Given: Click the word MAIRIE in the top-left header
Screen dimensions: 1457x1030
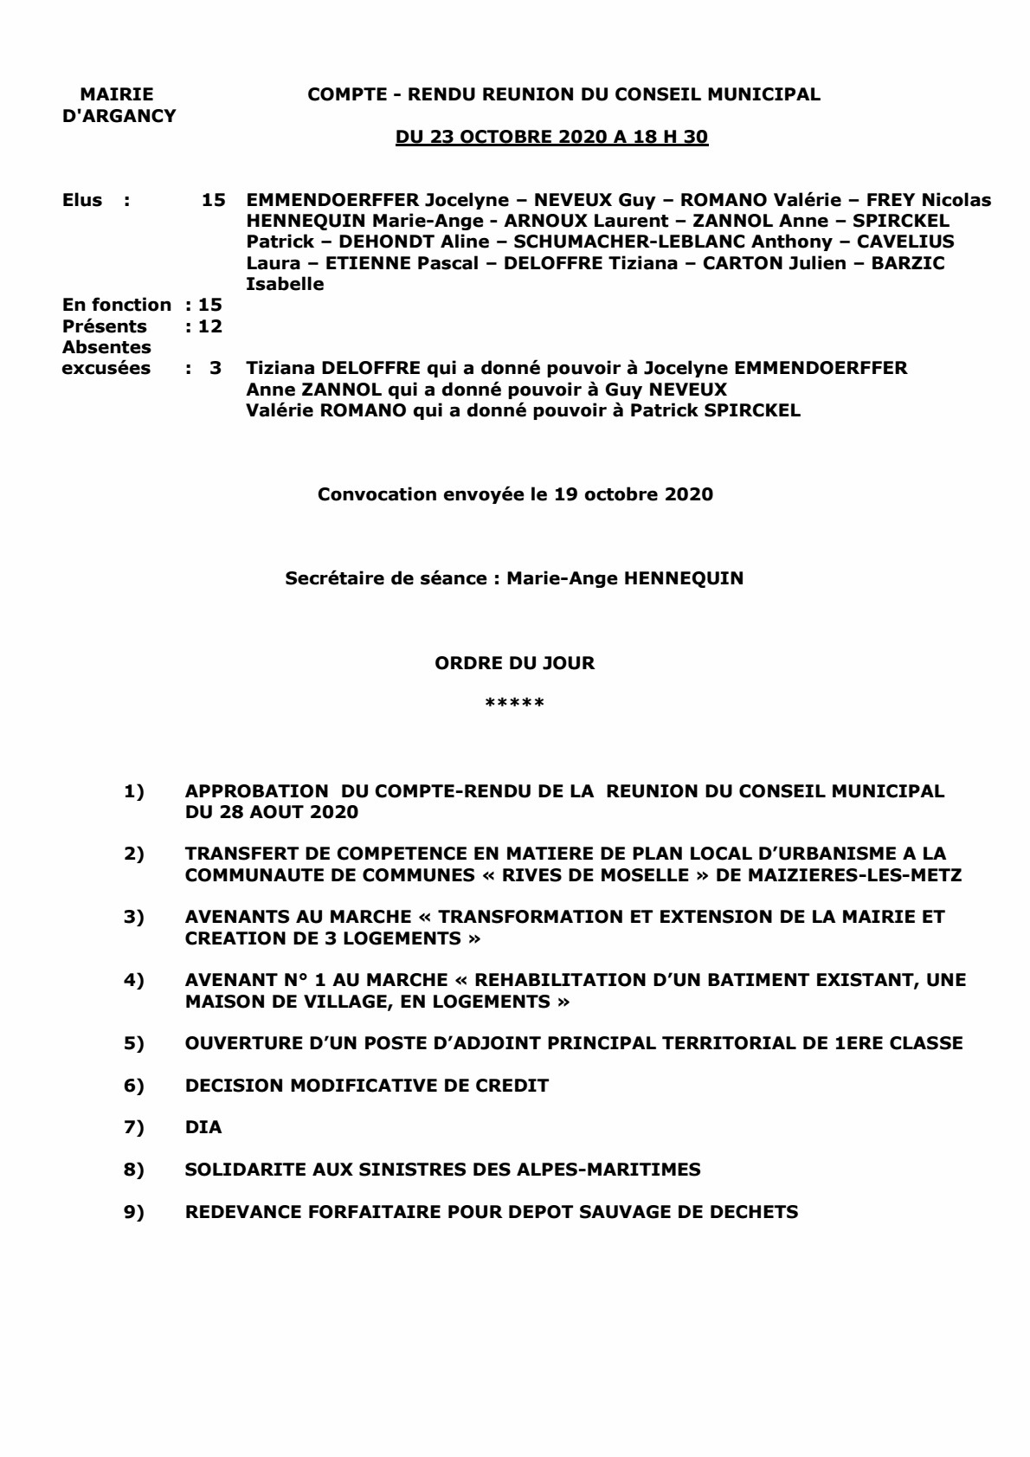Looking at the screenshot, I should [x=116, y=94].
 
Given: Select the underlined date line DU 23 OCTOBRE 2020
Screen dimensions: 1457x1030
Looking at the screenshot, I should [x=551, y=138].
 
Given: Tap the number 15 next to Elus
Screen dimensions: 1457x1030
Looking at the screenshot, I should [x=214, y=200].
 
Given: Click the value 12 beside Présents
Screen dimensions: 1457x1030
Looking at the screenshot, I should [x=210, y=326].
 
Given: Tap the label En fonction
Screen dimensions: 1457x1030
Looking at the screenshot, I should [x=117, y=305].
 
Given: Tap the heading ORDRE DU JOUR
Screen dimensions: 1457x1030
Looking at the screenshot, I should [x=514, y=663].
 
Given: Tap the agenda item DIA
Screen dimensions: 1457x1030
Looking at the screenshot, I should [x=203, y=1127].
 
